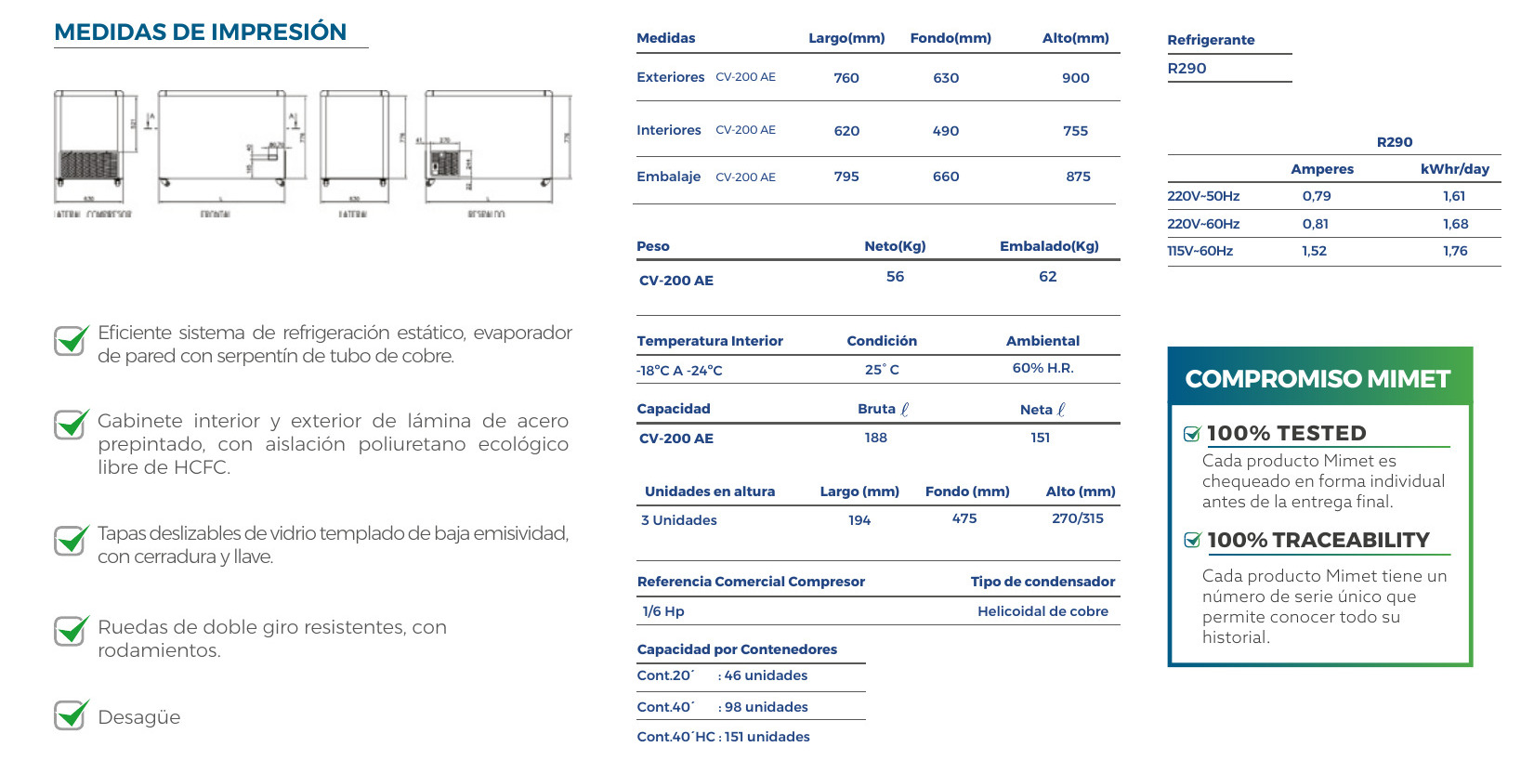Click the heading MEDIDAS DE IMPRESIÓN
(x=200, y=32)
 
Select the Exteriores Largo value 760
(x=846, y=78)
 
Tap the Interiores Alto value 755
(x=1075, y=131)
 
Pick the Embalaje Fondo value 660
(x=946, y=177)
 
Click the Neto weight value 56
(x=895, y=277)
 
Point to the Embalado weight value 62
(x=1047, y=277)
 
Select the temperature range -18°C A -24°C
(x=679, y=371)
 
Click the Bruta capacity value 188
(x=875, y=438)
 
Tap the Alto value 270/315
(x=1078, y=518)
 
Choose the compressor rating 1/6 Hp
(x=663, y=611)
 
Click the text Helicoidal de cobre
(x=1042, y=611)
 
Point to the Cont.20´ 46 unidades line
(x=722, y=675)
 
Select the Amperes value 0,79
(x=1317, y=196)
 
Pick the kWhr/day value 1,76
(x=1455, y=251)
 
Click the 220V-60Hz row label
(x=1203, y=224)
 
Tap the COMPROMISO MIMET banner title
(x=1318, y=379)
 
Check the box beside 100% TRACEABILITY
(x=1192, y=541)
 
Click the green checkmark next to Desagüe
(x=72, y=715)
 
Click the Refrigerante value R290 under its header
(x=1187, y=69)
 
